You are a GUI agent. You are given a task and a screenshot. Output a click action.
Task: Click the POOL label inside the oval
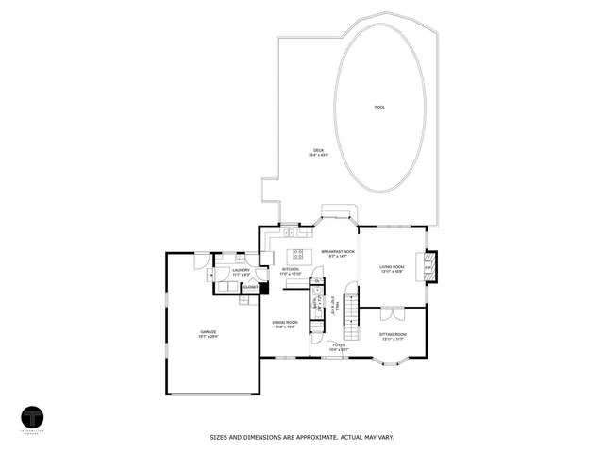pos(379,108)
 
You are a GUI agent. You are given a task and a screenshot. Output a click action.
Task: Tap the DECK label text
pos(317,152)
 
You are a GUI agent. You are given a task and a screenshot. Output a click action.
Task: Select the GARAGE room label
pos(208,331)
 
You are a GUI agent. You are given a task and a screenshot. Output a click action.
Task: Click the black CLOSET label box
pos(250,286)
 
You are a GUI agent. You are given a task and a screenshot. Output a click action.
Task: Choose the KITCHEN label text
pos(291,269)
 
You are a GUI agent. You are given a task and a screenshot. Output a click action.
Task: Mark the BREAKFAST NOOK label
pos(338,251)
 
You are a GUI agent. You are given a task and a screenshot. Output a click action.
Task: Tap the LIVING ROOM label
pos(393,266)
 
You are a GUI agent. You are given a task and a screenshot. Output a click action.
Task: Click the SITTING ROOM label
pos(393,334)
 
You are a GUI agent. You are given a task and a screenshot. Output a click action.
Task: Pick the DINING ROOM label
pos(285,322)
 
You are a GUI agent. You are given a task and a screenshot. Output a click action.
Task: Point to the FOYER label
pos(338,344)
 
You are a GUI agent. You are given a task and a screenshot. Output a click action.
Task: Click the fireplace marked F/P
pos(427,267)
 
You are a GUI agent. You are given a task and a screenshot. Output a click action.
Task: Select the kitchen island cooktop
pos(298,253)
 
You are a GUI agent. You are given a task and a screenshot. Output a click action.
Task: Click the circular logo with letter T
pos(35,418)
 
